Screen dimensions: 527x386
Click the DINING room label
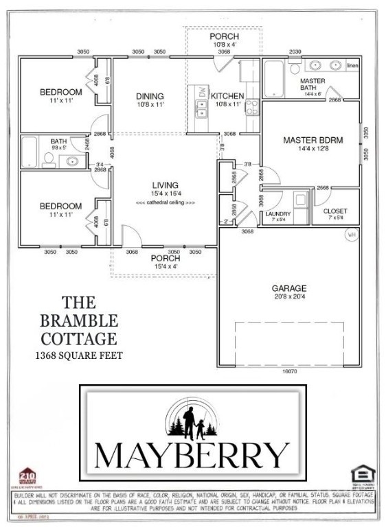point(149,95)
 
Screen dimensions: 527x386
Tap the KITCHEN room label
point(227,95)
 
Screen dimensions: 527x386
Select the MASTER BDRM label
point(313,140)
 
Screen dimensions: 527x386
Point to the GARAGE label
point(289,288)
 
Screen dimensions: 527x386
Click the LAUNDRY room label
point(277,213)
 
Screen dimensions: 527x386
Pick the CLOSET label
point(335,211)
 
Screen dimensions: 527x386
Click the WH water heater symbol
point(350,234)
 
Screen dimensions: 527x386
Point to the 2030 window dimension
point(295,52)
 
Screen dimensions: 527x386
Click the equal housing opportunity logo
point(359,474)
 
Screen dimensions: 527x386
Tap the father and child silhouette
point(192,421)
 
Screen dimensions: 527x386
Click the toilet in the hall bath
point(48,160)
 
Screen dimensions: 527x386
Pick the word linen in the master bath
point(353,65)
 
